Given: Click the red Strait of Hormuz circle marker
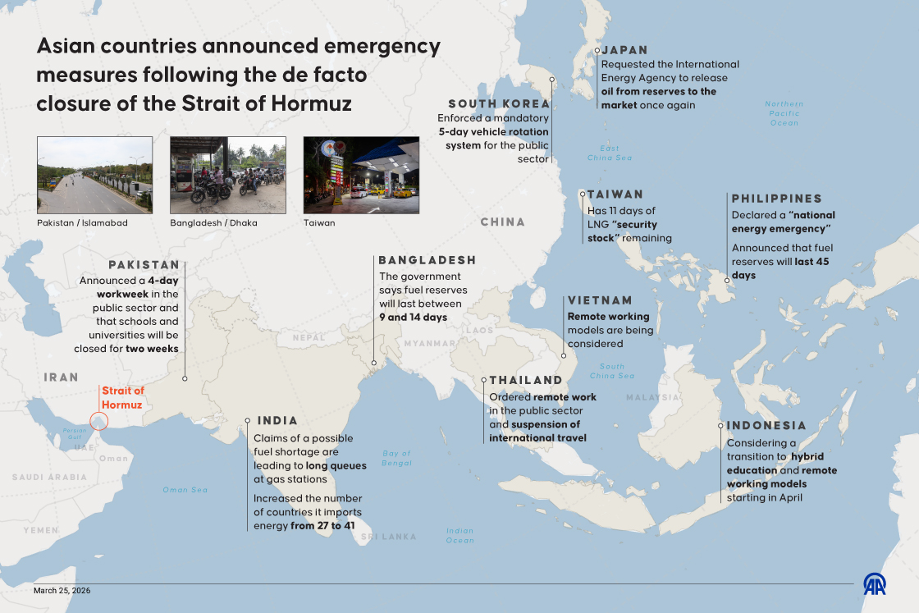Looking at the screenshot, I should tap(98, 421).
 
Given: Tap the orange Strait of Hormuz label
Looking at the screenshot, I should tap(122, 398).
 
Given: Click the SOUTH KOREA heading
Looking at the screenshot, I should tap(499, 103).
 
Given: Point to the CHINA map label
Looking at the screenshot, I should tap(502, 222).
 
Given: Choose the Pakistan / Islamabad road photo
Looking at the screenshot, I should tap(94, 175).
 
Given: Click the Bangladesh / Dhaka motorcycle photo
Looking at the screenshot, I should tap(228, 175).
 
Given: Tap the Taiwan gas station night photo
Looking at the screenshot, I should tap(361, 175).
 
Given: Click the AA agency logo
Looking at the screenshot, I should tap(874, 583).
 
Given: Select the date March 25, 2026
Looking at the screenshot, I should tap(62, 590).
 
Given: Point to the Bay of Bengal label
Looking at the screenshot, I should tap(396, 458).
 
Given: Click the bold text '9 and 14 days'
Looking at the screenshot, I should tap(413, 317).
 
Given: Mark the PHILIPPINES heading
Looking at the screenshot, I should tap(776, 199).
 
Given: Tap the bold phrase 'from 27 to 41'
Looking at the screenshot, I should tap(327, 525).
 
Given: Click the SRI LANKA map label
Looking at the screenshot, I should tap(388, 537).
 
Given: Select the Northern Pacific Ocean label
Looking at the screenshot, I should tap(784, 113).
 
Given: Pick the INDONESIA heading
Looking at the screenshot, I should tap(766, 425).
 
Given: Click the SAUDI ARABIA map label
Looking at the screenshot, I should tap(49, 477).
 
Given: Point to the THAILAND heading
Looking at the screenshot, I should tap(526, 380).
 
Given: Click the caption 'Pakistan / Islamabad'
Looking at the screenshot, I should tap(82, 222).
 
